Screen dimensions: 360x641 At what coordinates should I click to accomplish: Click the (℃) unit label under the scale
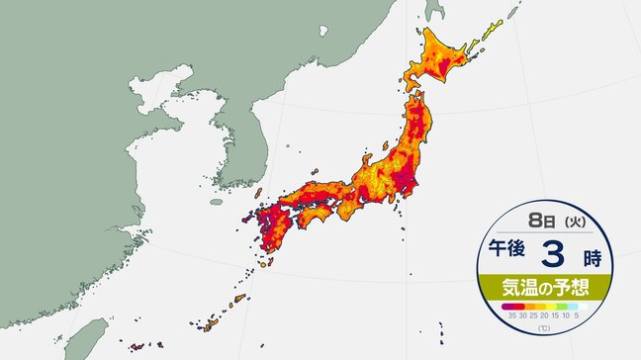(x=545, y=327)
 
